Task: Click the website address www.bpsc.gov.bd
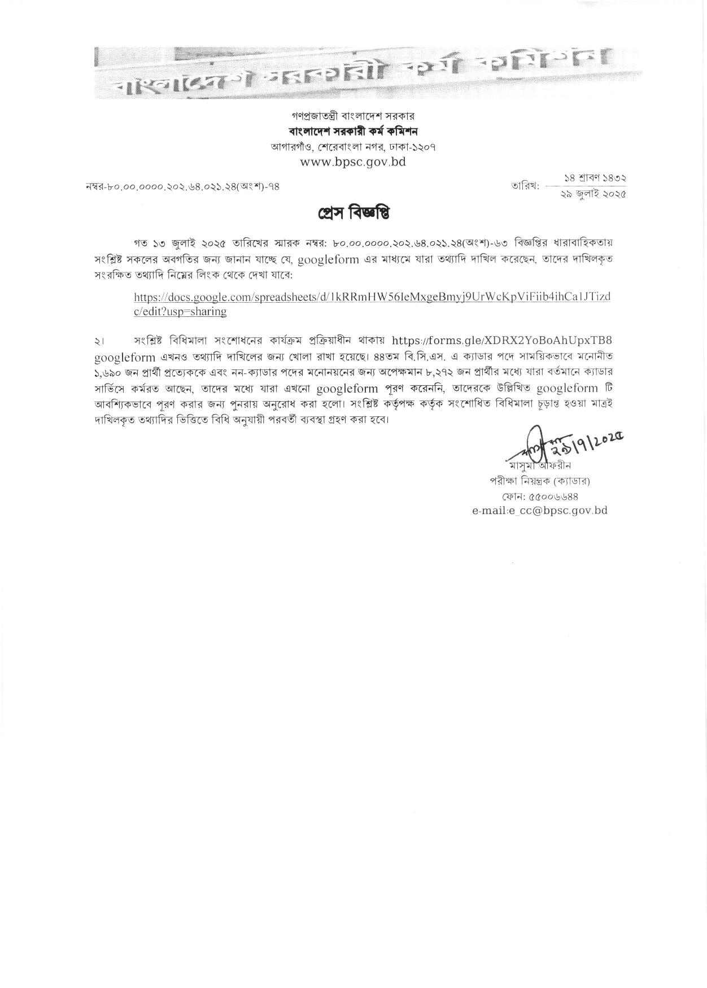pyautogui.click(x=353, y=162)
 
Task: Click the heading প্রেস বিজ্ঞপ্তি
pyautogui.click(x=353, y=214)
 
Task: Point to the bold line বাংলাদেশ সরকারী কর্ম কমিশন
pyautogui.click(x=353, y=132)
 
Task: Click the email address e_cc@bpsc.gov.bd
pyautogui.click(x=539, y=510)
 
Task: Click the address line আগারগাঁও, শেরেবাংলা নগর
pyautogui.click(x=353, y=147)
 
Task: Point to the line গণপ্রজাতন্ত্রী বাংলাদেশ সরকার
pyautogui.click(x=353, y=116)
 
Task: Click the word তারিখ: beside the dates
pyautogui.click(x=526, y=186)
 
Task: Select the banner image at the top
pyautogui.click(x=353, y=72)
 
